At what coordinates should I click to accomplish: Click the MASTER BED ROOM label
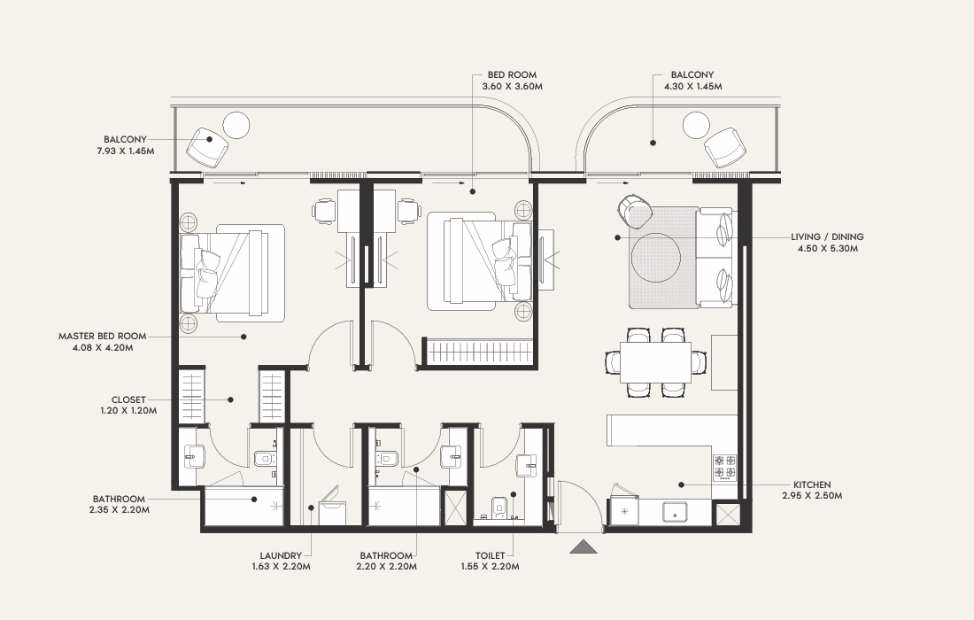click(x=103, y=336)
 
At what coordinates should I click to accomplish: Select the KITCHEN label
click(x=812, y=484)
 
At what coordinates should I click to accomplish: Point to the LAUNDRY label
click(x=281, y=555)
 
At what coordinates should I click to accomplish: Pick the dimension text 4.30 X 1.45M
click(x=692, y=86)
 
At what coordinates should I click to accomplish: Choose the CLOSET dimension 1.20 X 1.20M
click(x=128, y=411)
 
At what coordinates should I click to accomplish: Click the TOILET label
click(x=491, y=555)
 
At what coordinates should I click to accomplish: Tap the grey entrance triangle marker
click(x=584, y=546)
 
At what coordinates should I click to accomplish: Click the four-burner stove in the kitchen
click(x=725, y=467)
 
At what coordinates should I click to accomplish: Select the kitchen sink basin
click(x=674, y=512)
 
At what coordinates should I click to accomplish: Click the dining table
click(x=655, y=363)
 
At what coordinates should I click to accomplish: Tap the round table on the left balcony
click(x=236, y=125)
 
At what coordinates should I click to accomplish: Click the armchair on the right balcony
click(x=725, y=148)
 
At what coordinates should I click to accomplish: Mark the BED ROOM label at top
click(x=512, y=74)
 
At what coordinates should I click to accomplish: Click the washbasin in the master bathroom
click(x=193, y=457)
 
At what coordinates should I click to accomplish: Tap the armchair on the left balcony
click(x=207, y=148)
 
